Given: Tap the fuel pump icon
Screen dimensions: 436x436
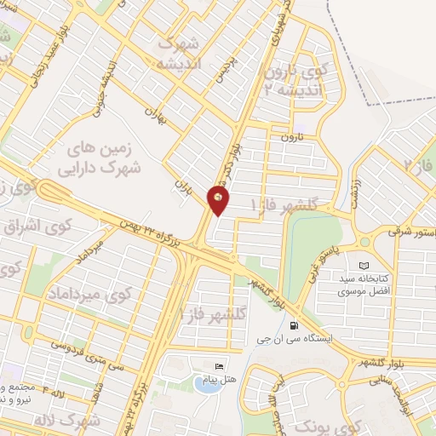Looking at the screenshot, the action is coord(294,324).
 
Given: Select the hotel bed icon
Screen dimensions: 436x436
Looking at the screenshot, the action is coord(220,364).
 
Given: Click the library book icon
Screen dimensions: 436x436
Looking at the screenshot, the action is coord(365,266).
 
